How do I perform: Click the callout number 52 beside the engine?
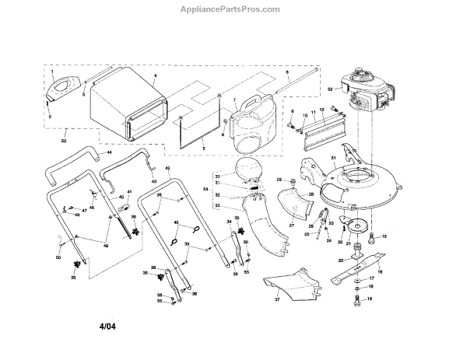click(330, 89)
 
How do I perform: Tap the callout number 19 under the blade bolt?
click(370, 299)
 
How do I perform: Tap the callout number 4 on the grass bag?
click(156, 74)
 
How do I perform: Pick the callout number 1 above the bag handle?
click(53, 71)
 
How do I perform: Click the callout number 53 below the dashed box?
click(63, 140)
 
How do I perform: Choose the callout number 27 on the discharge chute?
click(293, 225)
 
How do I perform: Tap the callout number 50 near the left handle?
click(58, 257)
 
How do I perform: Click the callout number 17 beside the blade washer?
click(370, 278)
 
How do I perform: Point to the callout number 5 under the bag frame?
click(203, 148)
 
